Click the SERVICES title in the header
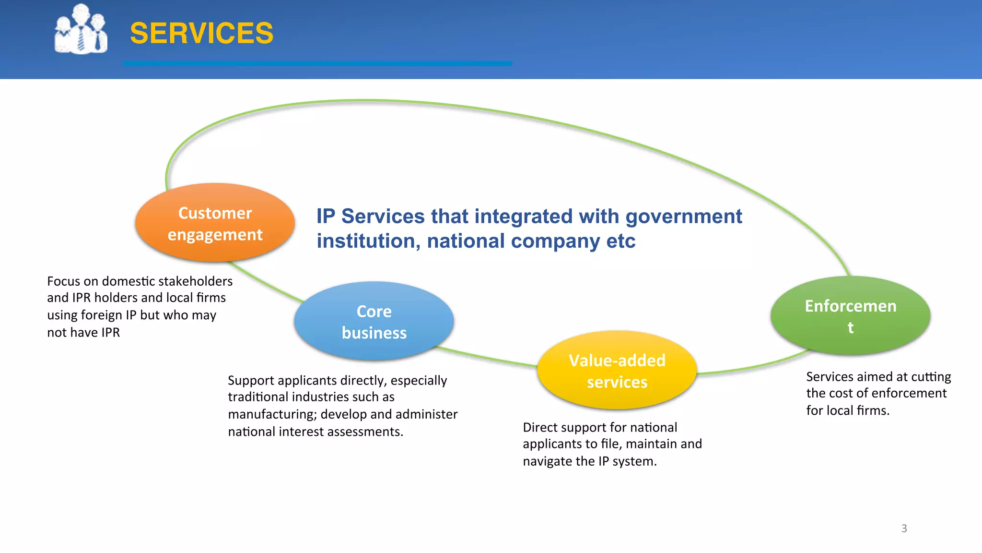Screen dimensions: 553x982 [x=201, y=33]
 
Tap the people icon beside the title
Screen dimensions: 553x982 [x=81, y=29]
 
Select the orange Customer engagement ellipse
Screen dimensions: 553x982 [x=215, y=223]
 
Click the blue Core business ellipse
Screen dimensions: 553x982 [x=374, y=322]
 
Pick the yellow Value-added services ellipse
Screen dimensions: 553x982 [x=617, y=371]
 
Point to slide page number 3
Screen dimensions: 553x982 [x=904, y=529]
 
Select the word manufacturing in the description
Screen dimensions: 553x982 [x=272, y=414]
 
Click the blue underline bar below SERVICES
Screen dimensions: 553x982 [x=317, y=63]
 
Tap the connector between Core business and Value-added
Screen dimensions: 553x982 [x=489, y=358]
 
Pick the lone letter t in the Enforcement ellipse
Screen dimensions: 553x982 [x=850, y=328]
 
